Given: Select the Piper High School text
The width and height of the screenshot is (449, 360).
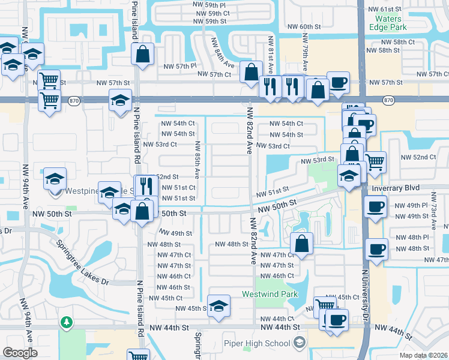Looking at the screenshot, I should [262, 343].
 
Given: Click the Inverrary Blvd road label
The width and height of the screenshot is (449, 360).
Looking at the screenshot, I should [394, 188].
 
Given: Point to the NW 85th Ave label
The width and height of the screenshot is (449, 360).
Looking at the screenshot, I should [197, 159].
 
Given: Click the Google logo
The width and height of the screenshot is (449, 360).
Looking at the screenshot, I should [20, 352].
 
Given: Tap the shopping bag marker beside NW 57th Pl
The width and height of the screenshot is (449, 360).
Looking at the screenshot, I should [143, 54].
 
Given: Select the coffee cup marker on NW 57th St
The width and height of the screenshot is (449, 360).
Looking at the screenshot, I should [338, 82].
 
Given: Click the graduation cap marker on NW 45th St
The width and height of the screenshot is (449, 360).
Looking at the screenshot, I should [219, 305].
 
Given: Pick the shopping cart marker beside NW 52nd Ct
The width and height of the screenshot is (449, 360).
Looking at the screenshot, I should [375, 161].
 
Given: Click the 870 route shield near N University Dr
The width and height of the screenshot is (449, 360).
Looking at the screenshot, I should [388, 100].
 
